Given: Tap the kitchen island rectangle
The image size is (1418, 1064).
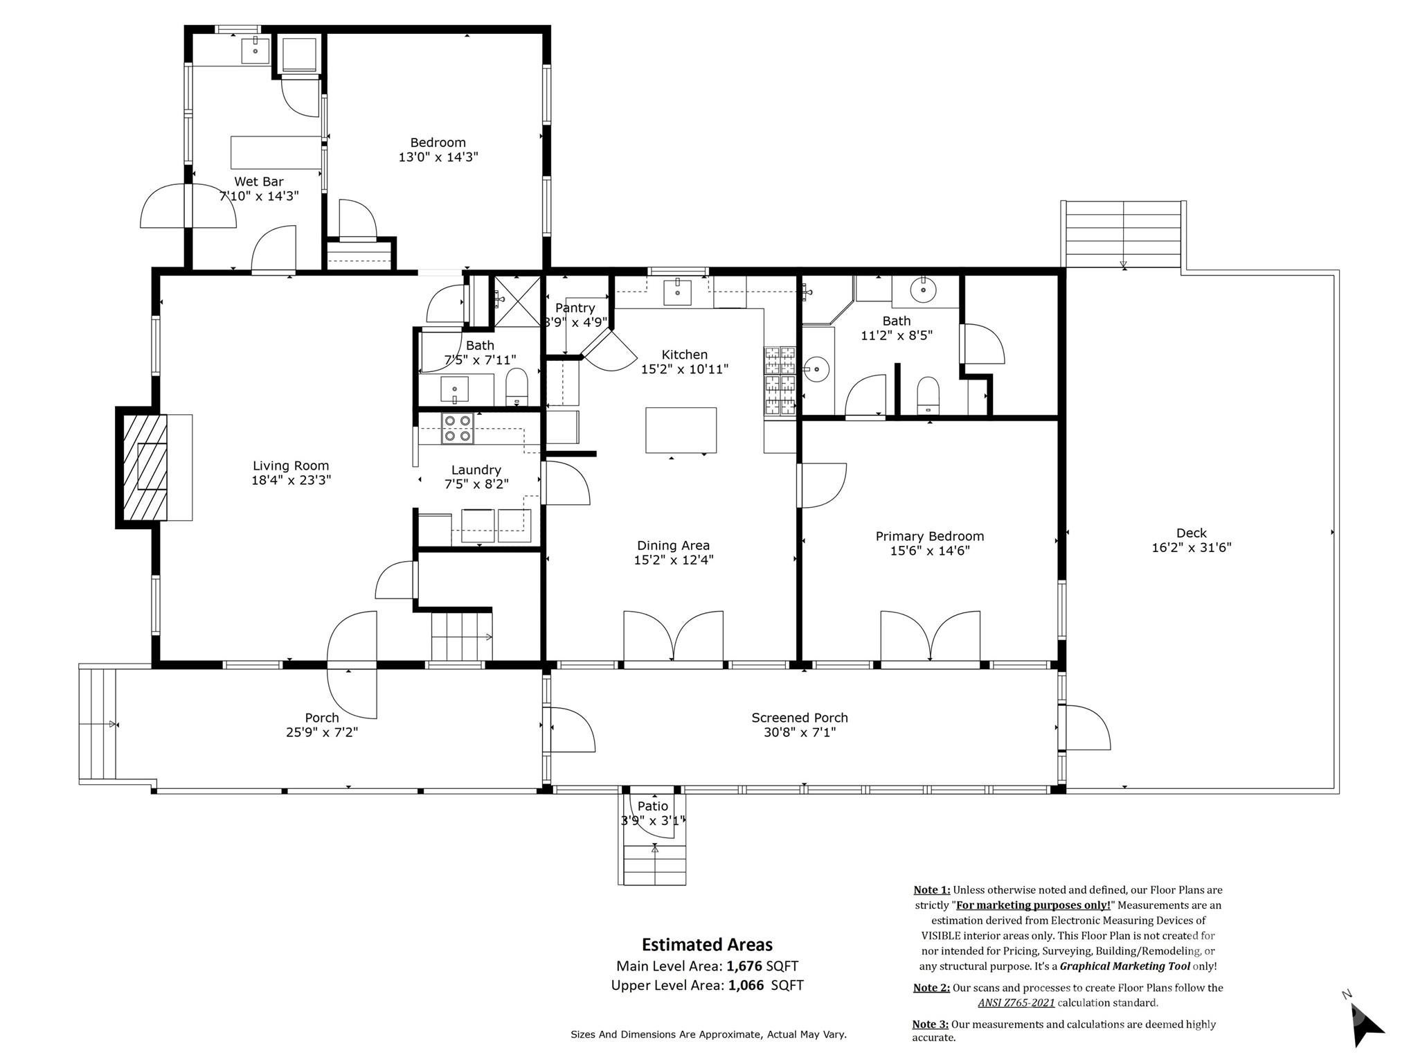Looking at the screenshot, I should point(681,430).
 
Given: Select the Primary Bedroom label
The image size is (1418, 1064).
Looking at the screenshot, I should point(929,536).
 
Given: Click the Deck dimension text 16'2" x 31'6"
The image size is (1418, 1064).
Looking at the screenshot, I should point(1191,548).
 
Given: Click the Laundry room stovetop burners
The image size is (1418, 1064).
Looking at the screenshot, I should point(457,428).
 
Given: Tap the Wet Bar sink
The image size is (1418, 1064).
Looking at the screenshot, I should point(255,51).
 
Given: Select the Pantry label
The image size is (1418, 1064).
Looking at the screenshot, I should point(575,308).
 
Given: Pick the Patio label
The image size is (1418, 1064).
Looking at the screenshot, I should point(652,806).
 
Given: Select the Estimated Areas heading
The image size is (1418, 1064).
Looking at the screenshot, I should point(706,945).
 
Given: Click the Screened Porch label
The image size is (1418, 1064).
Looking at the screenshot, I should point(799,718).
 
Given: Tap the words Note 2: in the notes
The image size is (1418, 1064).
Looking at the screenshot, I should point(931,988).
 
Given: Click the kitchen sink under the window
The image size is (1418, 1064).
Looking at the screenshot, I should point(677,292).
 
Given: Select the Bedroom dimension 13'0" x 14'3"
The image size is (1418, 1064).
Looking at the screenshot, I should point(438,157).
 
